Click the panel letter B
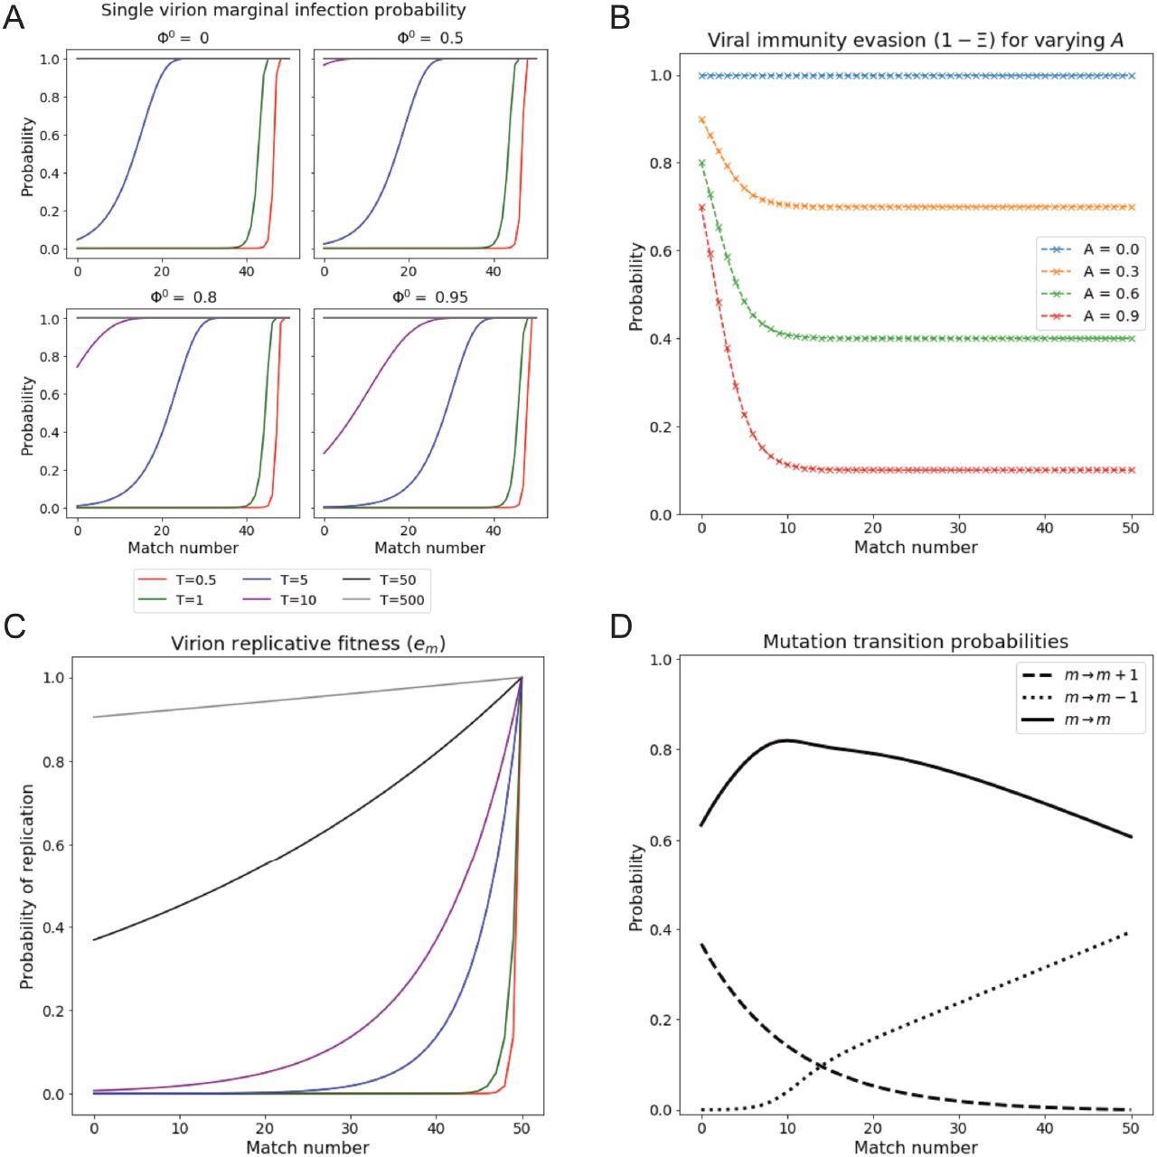click(x=620, y=17)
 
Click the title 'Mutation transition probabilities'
click(x=916, y=642)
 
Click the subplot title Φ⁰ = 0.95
click(x=429, y=296)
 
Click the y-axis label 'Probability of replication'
click(x=27, y=886)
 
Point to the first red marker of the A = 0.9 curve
click(x=701, y=207)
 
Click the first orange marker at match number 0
click(x=701, y=119)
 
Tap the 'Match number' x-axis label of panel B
click(x=916, y=547)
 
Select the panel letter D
click(x=621, y=626)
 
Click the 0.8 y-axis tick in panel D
click(x=663, y=749)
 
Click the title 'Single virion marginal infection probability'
click(x=283, y=11)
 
